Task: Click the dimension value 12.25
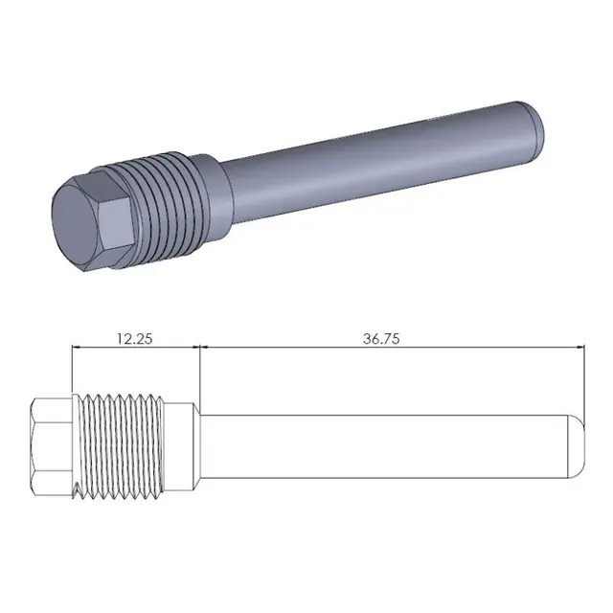click(135, 337)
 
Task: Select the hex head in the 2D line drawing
click(51, 445)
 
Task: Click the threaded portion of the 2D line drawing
click(120, 445)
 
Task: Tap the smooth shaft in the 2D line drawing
click(383, 445)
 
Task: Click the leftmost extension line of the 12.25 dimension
click(73, 369)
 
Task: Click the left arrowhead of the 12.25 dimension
click(79, 349)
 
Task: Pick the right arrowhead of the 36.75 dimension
click(577, 349)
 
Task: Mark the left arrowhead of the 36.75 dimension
click(205, 349)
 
